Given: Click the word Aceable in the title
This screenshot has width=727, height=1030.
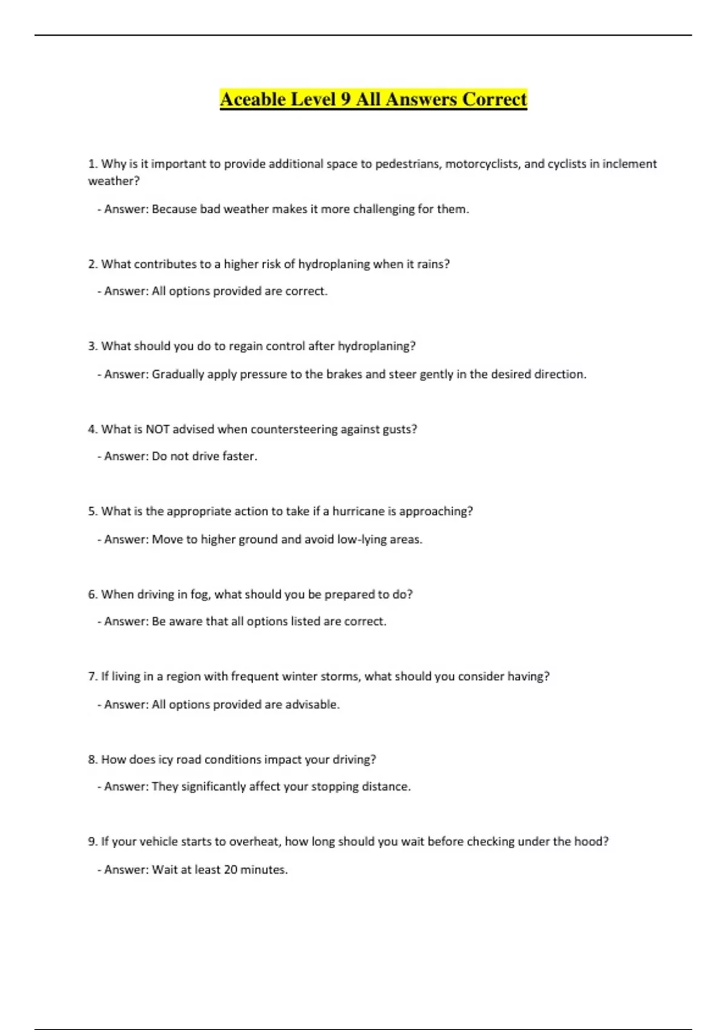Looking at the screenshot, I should coord(253,99).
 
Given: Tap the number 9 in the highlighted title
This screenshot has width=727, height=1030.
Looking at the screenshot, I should coord(345,99).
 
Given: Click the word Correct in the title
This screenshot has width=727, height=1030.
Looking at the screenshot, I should coord(494,99).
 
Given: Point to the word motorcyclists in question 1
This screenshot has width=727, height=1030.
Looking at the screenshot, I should coord(482,164).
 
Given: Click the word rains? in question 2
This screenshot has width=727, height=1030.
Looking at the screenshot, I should coord(433,264).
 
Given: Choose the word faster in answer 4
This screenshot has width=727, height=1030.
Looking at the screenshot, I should coord(239,456).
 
